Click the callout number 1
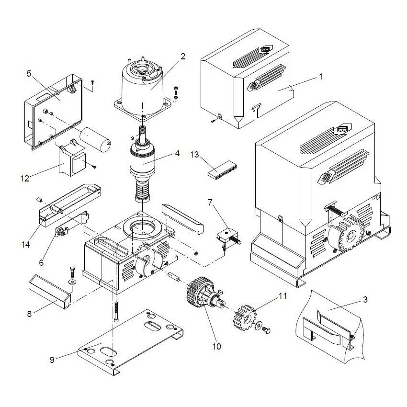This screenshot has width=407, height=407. click(321, 76)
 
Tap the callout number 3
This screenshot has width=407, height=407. click(365, 300)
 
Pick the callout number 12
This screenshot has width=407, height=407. click(25, 178)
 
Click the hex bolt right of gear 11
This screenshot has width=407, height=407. click(267, 330)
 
